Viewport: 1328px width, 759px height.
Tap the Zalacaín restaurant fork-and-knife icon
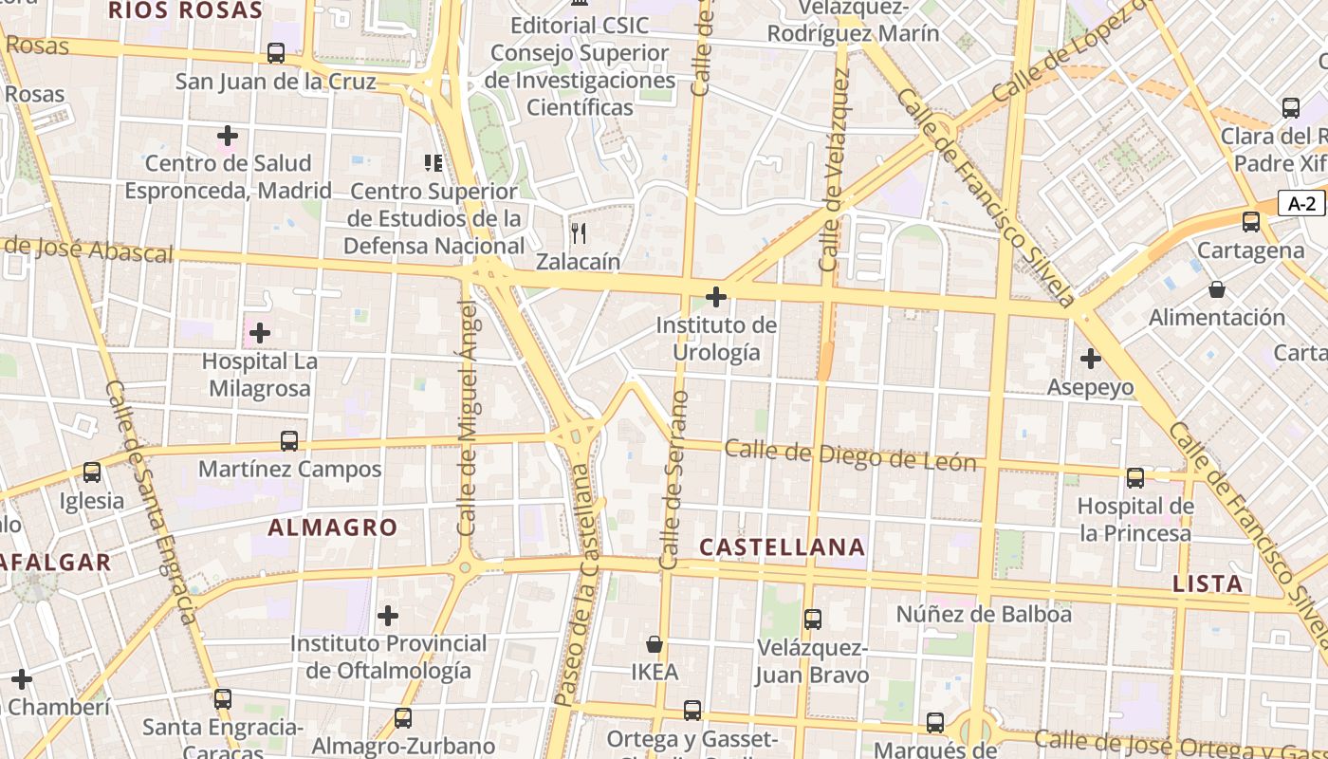579,232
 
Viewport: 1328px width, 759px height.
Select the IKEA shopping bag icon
655,644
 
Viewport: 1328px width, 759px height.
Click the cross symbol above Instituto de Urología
716,297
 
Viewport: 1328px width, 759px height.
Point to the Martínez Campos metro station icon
289,441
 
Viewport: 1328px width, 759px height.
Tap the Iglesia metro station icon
92,472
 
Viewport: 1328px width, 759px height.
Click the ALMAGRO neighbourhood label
332,528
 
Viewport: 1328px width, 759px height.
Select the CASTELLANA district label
782,546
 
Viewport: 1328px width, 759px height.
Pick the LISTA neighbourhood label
1208,583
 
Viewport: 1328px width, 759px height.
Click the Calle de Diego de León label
850,455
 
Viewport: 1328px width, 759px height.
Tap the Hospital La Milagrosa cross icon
259,333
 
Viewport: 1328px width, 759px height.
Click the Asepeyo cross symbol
1091,359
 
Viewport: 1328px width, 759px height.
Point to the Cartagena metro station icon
1251,222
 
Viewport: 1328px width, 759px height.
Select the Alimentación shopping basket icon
1217,288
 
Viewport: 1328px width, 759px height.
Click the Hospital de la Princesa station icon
1135,478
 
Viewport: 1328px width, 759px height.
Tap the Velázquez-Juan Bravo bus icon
813,620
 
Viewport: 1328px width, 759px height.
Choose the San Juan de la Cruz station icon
276,53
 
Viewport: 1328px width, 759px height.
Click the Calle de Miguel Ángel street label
467,417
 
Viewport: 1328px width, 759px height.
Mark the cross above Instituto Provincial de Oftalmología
388,616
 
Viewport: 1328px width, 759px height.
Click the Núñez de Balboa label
984,614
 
